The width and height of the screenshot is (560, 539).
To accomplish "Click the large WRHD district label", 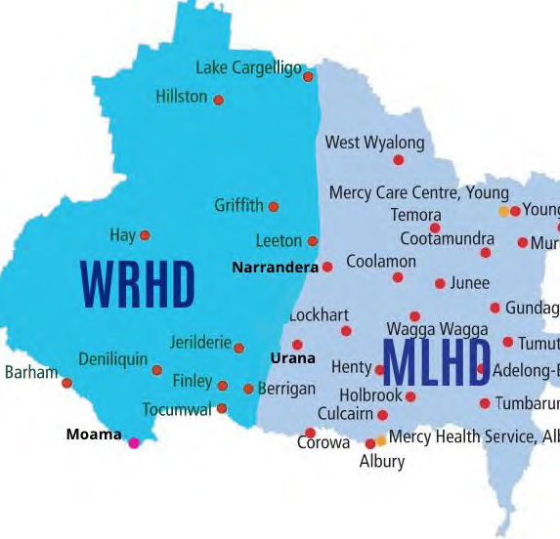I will [138, 283].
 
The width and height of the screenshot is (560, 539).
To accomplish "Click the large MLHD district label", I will [436, 362].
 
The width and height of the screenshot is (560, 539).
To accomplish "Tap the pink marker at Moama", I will [134, 442].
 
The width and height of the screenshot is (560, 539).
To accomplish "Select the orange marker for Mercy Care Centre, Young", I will [503, 211].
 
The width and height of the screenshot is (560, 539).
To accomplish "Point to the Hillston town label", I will [182, 97].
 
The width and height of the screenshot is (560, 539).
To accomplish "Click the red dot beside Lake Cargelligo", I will [308, 76].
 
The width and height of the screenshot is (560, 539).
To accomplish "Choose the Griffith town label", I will [238, 205].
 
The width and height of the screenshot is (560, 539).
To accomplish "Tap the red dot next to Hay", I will [145, 235].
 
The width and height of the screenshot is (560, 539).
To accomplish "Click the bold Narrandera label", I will [276, 267].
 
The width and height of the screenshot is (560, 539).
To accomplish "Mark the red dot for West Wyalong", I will [398, 160].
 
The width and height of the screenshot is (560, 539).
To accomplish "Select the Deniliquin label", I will [112, 358].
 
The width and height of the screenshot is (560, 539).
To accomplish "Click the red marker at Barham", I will [66, 383].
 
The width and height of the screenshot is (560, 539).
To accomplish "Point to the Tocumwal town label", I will [176, 409].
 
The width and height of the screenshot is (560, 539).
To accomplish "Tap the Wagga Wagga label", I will [437, 329].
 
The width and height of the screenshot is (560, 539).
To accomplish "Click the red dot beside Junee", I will [440, 284].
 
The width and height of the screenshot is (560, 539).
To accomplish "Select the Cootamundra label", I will [440, 238].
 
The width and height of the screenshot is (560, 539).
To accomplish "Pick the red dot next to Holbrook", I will [410, 396].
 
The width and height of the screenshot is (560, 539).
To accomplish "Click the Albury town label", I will [381, 461].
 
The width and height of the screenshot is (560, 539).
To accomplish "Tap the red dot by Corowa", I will [310, 433].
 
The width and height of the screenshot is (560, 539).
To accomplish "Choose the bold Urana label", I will [292, 358].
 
